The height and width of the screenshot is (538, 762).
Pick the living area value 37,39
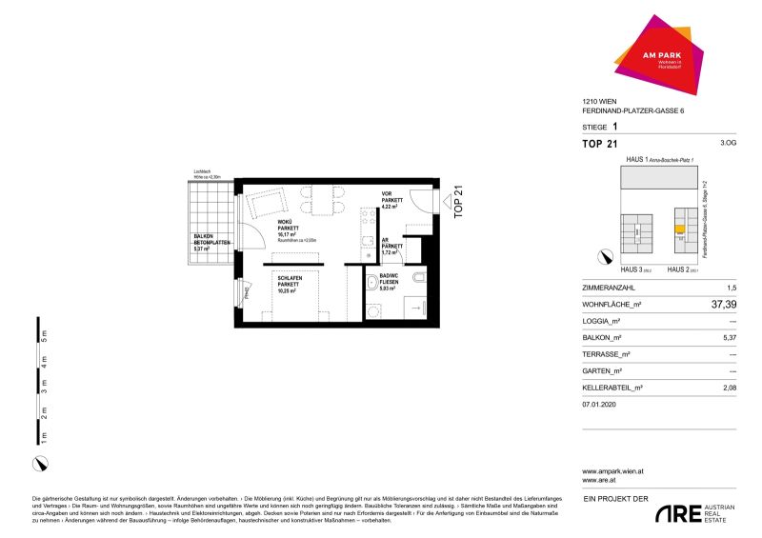pyautogui.click(x=722, y=305)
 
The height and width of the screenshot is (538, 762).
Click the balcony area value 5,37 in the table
pyautogui.click(x=729, y=338)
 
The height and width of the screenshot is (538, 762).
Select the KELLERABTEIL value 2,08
pyautogui.click(x=729, y=388)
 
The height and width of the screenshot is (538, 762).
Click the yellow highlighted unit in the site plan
pyautogui.click(x=679, y=229)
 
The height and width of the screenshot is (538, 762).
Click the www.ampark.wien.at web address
pyautogui.click(x=612, y=471)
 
